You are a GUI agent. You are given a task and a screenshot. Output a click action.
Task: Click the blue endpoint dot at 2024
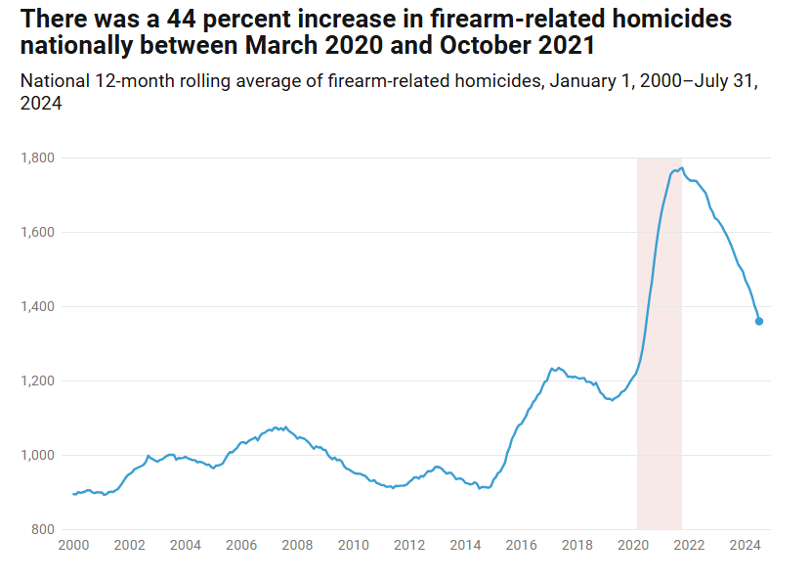(759, 321)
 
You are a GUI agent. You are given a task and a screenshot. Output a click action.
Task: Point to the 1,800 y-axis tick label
(38, 157)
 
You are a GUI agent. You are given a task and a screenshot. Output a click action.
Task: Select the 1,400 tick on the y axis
(38, 306)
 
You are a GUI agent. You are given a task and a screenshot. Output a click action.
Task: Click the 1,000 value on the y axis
(38, 455)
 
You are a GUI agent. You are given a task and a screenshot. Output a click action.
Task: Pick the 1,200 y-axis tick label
(38, 381)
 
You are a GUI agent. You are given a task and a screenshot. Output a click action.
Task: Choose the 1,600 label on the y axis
(38, 232)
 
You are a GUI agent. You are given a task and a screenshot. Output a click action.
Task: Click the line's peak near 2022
(681, 168)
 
